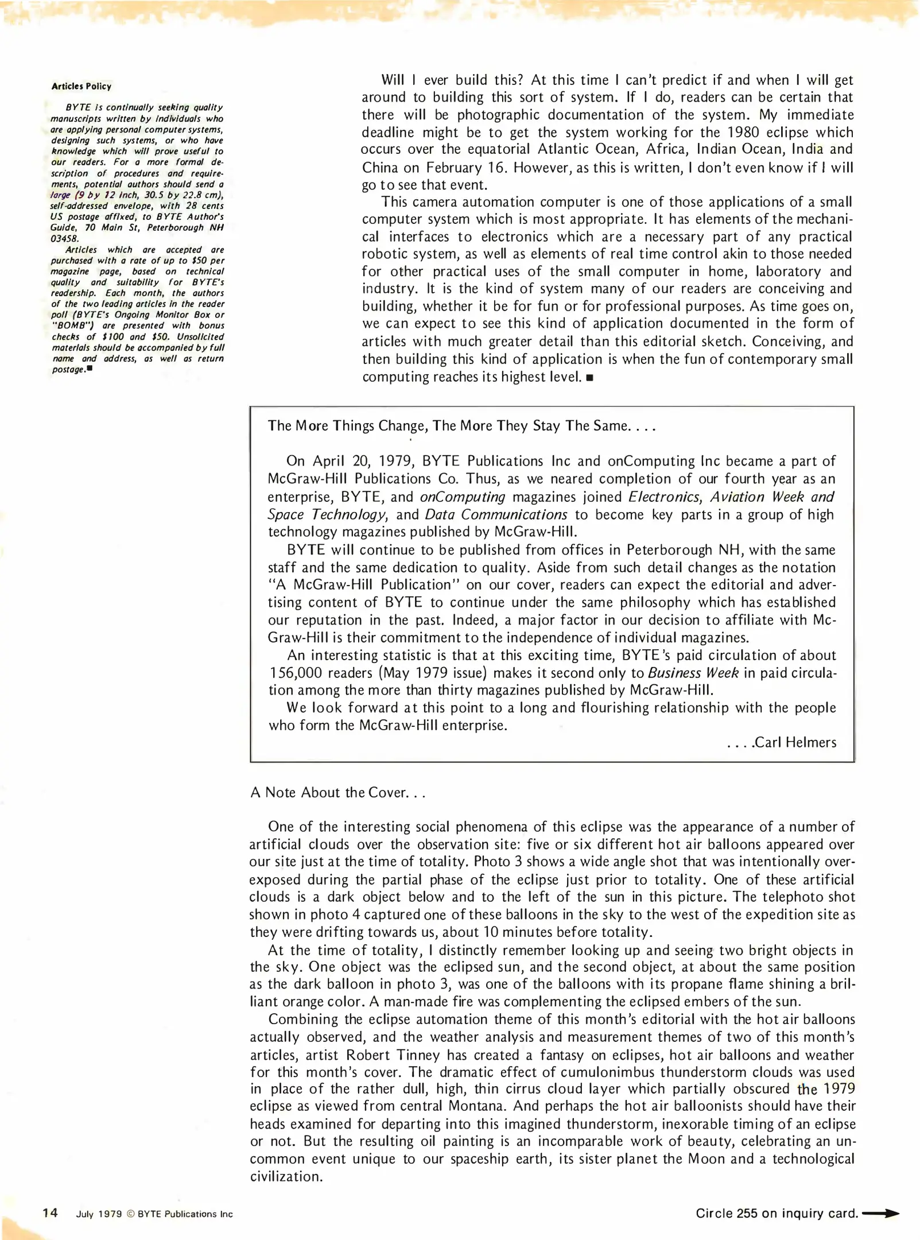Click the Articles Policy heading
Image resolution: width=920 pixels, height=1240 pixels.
(81, 86)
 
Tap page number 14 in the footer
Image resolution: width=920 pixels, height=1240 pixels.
(50, 1213)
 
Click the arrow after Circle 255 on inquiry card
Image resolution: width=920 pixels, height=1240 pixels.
(880, 1213)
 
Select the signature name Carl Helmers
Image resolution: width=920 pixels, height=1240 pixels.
(795, 743)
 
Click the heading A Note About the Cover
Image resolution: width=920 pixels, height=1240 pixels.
(337, 792)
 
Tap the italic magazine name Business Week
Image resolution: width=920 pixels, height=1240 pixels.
(693, 673)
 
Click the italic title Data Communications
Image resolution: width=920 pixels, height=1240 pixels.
(496, 514)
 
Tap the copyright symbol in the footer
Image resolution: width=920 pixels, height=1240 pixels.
(130, 1214)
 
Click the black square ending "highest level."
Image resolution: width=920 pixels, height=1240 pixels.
(589, 378)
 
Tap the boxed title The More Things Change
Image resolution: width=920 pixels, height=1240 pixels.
(461, 426)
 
